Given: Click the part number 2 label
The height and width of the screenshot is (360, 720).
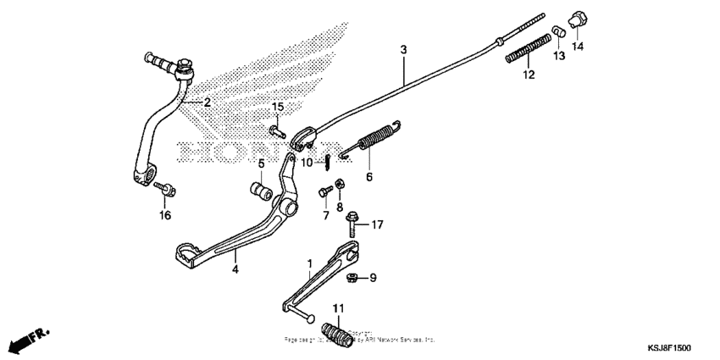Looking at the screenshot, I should coord(206,102).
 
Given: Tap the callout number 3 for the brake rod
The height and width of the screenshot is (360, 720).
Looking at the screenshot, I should coord(404,51).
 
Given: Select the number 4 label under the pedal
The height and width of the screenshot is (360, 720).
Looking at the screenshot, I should coord(235,269).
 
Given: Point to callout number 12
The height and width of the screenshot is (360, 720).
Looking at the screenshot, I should coord(529,75).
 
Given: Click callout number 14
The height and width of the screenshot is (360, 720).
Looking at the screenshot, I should coord(578,47).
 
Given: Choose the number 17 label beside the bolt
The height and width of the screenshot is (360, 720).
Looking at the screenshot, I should coord(378,224).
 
